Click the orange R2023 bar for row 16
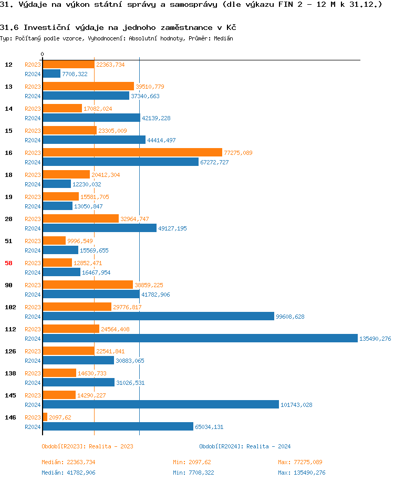point(132,152)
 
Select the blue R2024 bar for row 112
point(200,338)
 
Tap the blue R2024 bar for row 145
point(161,404)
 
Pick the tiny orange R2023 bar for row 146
point(45,417)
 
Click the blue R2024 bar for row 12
point(51,74)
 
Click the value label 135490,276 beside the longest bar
point(375,339)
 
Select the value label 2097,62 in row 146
point(60,417)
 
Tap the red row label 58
point(8,263)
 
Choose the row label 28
point(8,219)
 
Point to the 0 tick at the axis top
point(43,55)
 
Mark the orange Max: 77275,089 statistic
point(300,462)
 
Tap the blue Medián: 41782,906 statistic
point(68,473)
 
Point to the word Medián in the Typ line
point(224,38)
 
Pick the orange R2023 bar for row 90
point(88,285)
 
